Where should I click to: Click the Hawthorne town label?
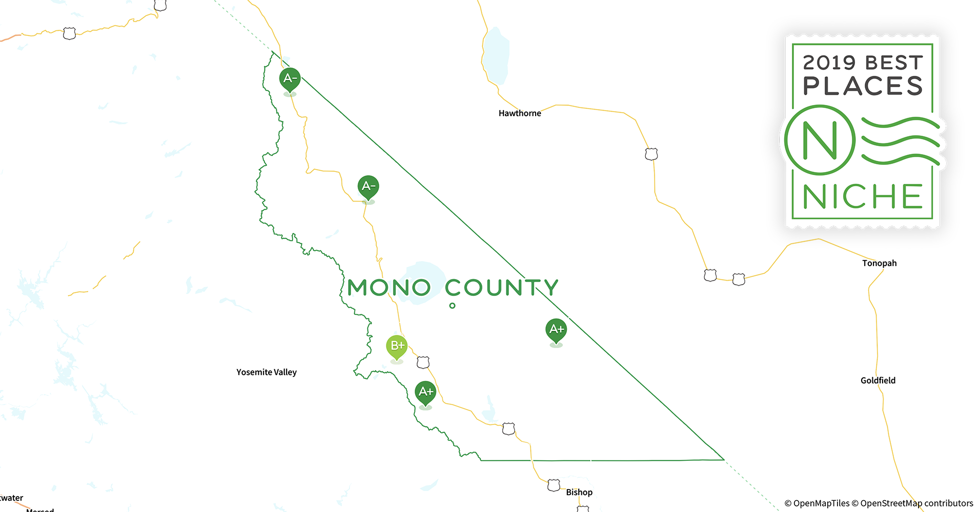[519, 113]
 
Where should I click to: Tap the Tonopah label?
[879, 263]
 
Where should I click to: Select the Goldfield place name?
[878, 380]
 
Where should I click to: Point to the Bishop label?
[579, 492]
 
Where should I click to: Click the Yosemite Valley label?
[267, 372]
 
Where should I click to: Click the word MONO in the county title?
[389, 288]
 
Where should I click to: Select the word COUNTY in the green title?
[501, 288]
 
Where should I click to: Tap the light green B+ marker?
[397, 347]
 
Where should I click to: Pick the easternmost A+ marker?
[556, 330]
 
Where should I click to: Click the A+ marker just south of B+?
[425, 393]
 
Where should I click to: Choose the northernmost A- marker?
[290, 79]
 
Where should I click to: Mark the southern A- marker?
[368, 187]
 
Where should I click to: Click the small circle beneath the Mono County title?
[452, 306]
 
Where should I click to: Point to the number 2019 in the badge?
[829, 63]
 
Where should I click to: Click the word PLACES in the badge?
[863, 86]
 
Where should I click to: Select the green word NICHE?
[863, 197]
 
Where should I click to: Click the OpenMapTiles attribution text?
[817, 503]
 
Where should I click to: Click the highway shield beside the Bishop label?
[554, 485]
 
